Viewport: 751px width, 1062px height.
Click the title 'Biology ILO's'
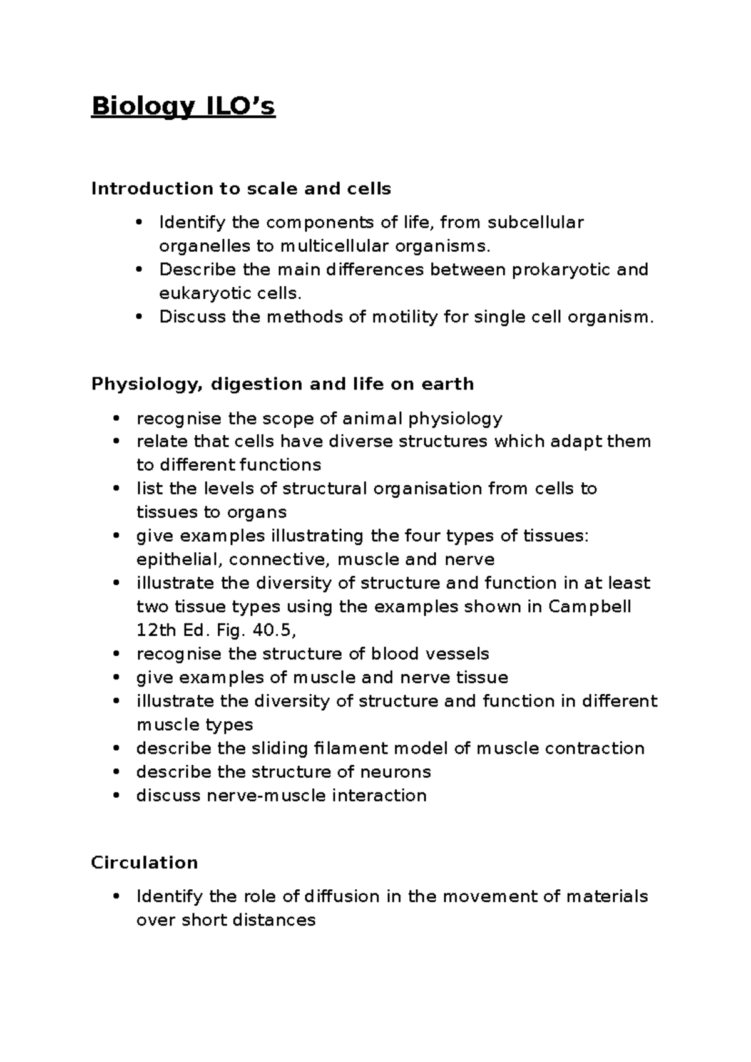pyautogui.click(x=183, y=107)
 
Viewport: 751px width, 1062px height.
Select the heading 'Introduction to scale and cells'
pyautogui.click(x=241, y=188)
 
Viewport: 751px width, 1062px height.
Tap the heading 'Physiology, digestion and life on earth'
pyautogui.click(x=282, y=383)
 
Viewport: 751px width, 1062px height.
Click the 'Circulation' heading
pyautogui.click(x=144, y=862)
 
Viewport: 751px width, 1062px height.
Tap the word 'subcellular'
pyautogui.click(x=535, y=222)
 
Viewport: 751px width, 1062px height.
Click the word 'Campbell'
pyautogui.click(x=590, y=607)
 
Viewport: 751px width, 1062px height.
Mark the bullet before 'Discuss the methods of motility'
pyautogui.click(x=138, y=317)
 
